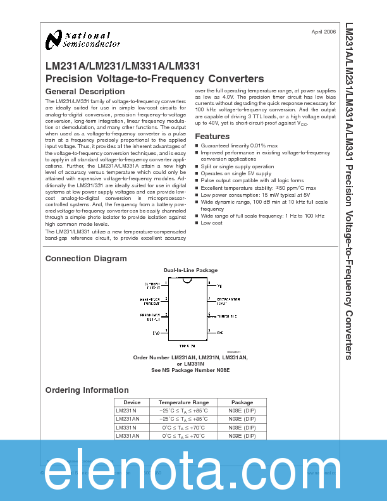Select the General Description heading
pos(85,92)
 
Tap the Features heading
pos(212,137)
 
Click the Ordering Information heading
pos(87,390)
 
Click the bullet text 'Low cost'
pos(211,223)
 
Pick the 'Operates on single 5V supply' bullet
pos(236,173)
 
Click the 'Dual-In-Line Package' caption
pos(190,270)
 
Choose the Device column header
pos(132,402)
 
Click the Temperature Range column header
pos(183,402)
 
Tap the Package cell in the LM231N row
pos(242,411)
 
